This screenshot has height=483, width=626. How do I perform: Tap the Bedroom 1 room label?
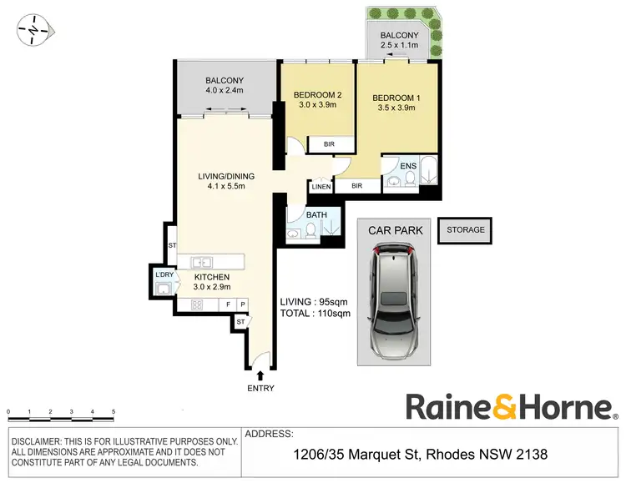pos(396,98)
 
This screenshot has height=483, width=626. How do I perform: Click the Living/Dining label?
pos(226,176)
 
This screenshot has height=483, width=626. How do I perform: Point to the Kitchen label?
pos(213,277)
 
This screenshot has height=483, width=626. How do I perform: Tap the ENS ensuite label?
pos(408,165)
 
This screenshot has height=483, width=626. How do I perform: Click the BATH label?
pos(316,215)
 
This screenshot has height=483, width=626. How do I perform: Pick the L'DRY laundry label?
pos(163,274)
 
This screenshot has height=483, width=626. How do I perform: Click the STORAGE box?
pos(466,230)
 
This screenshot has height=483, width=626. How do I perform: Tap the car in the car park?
pos(395,298)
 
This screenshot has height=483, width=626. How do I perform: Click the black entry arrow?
pos(260,376)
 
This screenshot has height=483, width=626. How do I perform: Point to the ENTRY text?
pos(260,389)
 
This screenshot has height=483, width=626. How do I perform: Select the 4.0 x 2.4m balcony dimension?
pos(225,92)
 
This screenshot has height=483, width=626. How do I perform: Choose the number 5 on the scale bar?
pos(114,413)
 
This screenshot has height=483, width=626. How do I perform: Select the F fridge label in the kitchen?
pos(230,304)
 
